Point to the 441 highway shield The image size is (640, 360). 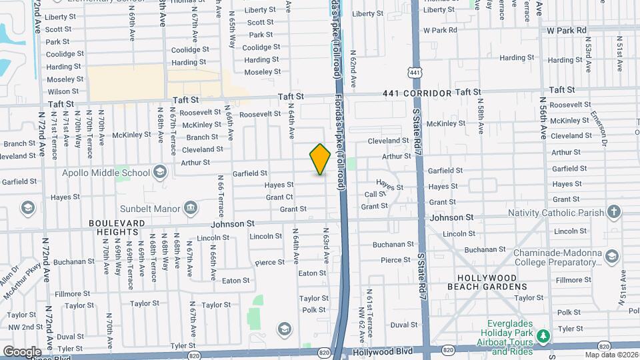click(x=415, y=71)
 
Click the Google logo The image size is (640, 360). click(x=22, y=351)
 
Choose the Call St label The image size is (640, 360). click(x=375, y=194)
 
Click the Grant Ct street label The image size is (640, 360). click(x=279, y=197)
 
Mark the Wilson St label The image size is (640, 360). click(x=63, y=91)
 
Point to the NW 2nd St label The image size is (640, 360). click(x=22, y=327)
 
